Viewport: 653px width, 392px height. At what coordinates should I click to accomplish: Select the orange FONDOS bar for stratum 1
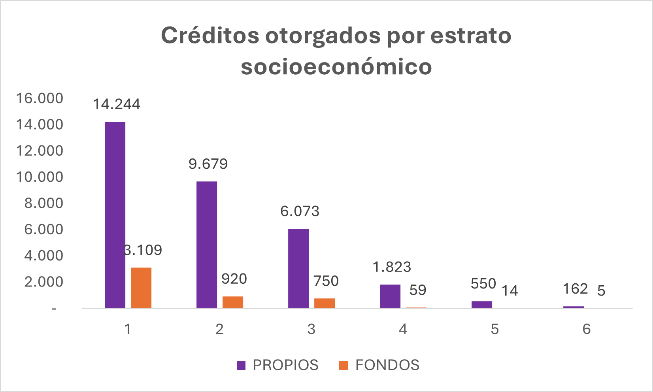point(141,288)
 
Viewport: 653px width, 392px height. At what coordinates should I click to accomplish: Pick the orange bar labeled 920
point(233,302)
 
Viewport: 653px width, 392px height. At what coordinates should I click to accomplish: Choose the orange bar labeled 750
point(325,303)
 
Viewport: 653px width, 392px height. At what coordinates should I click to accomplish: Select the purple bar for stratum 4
point(390,296)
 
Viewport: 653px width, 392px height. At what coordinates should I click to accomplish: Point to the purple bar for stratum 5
point(482,304)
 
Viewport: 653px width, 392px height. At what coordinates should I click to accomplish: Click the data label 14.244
point(117,104)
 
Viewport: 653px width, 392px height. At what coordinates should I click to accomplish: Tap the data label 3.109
point(143,250)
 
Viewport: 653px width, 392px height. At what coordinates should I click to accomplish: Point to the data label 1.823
point(392,267)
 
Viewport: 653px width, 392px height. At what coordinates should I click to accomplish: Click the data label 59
point(418,290)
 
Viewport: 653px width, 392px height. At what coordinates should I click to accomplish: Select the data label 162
point(575,289)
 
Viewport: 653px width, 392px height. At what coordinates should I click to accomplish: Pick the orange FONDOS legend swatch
point(344,365)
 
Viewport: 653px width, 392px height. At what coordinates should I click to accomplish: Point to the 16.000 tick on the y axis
point(40,98)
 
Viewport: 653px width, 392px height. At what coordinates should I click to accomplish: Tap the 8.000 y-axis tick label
point(43,203)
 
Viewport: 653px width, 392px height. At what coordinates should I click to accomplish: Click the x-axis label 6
point(586,329)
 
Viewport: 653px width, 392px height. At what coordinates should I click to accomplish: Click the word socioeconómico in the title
point(336,66)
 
